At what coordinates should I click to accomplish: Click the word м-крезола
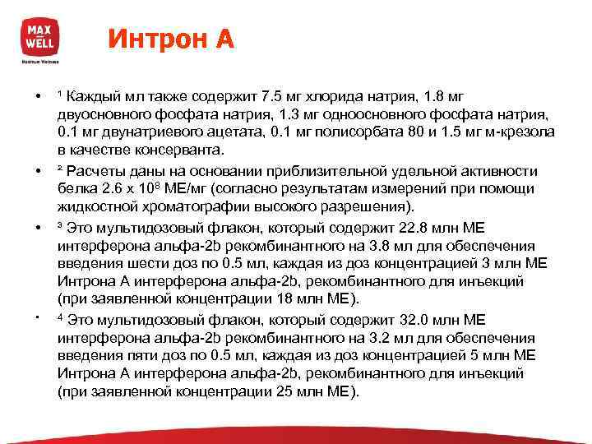tap(520, 132)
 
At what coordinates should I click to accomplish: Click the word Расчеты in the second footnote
tap(103, 170)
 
